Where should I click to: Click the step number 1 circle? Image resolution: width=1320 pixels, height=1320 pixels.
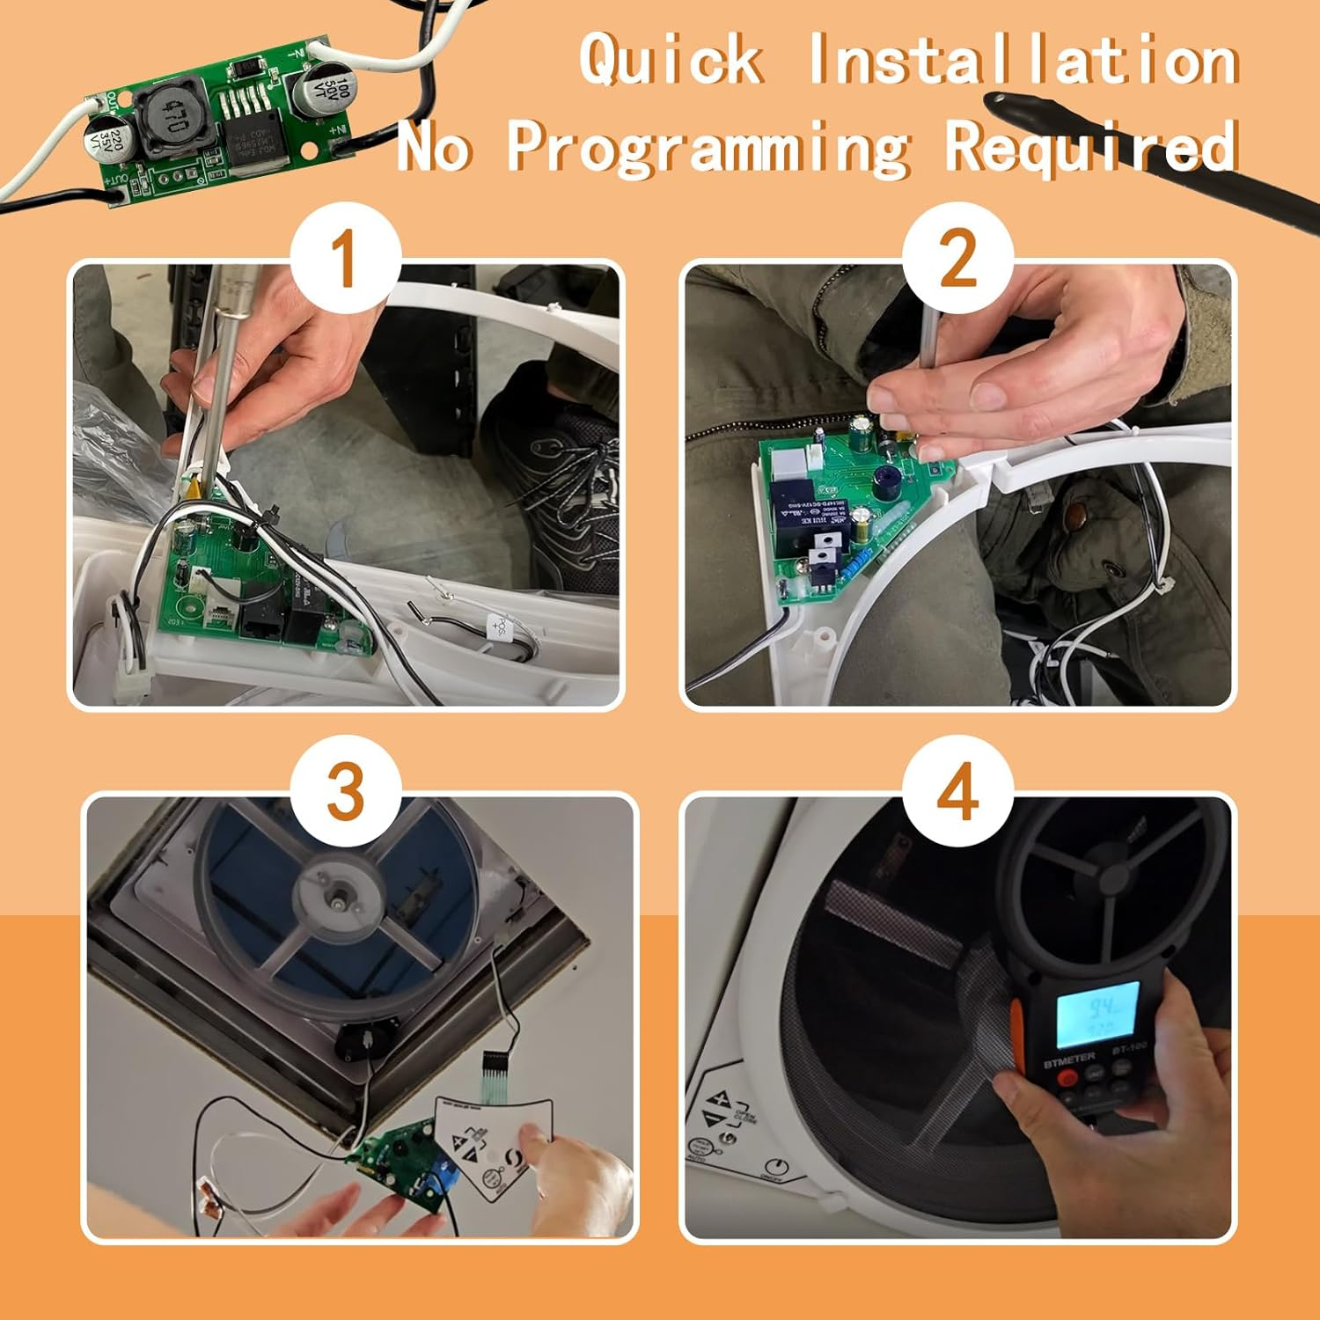pos(346,259)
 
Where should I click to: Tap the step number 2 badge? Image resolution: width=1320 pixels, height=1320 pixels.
pos(957,259)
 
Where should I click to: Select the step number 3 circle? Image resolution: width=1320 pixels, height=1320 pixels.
pos(346,790)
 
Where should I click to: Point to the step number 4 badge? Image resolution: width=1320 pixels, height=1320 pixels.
pos(957,790)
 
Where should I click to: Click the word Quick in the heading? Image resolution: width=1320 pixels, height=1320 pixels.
pos(671,60)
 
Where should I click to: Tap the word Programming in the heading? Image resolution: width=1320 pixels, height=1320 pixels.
pos(708,146)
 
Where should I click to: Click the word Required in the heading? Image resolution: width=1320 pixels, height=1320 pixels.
pos(1091,146)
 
